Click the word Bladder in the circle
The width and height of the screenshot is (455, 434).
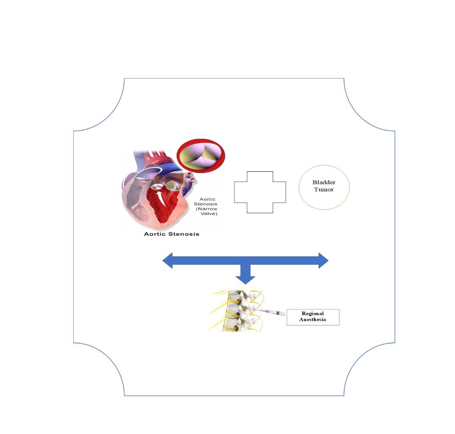tap(324, 182)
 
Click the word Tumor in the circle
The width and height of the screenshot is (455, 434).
tap(324, 189)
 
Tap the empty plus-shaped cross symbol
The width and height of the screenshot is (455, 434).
tap(260, 192)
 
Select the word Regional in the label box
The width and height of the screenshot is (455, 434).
tap(313, 314)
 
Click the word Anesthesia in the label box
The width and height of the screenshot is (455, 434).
tap(313, 319)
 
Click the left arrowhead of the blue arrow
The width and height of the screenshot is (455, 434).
tap(167, 260)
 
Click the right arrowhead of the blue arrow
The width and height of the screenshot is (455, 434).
tap(324, 260)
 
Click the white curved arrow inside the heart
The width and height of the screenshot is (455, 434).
tap(161, 198)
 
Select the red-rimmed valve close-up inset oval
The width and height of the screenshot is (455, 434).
tap(201, 156)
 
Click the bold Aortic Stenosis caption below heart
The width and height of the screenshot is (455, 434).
tap(172, 234)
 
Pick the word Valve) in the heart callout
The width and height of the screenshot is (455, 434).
tap(209, 214)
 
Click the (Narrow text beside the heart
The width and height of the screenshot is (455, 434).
tap(206, 209)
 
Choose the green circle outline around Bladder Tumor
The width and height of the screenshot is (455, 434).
tap(324, 188)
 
